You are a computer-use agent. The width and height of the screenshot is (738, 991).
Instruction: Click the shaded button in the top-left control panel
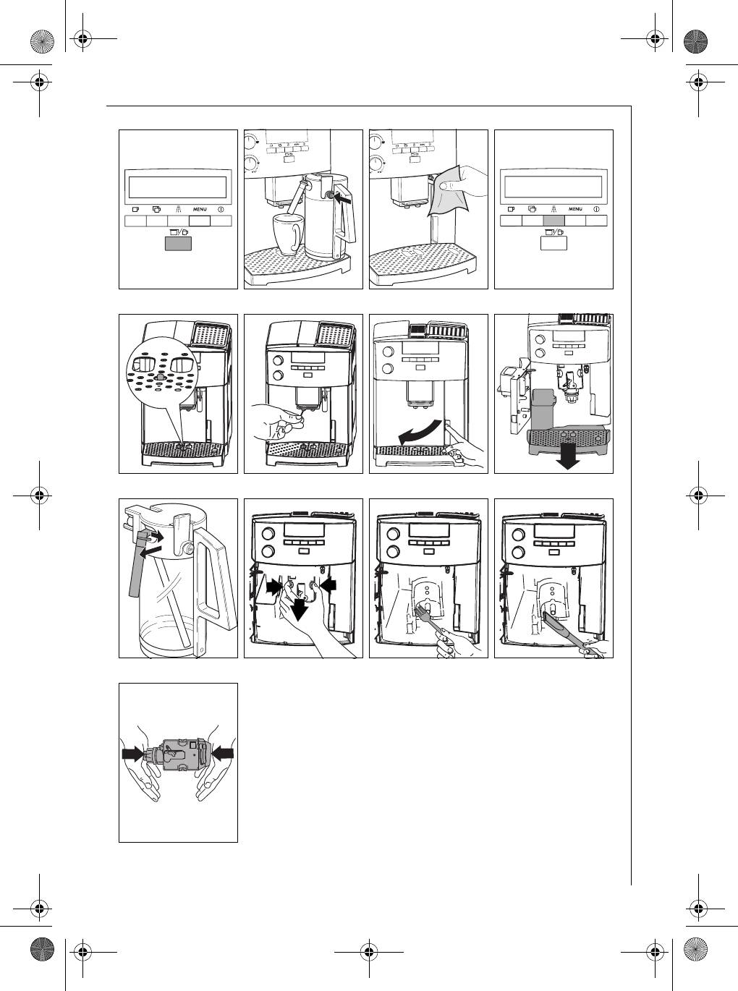(x=178, y=244)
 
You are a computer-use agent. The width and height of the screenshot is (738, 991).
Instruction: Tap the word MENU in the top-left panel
(x=200, y=210)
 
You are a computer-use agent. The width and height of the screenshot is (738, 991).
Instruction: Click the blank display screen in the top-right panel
(x=554, y=187)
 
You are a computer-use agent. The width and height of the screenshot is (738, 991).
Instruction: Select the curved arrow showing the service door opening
(x=419, y=435)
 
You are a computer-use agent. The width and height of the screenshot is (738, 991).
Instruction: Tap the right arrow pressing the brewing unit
(x=224, y=753)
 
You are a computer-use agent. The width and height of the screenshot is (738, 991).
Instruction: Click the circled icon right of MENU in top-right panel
(x=596, y=209)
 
